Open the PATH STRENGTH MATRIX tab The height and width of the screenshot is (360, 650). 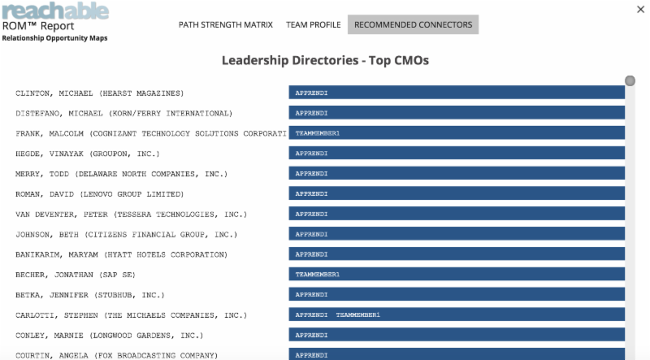point(225,24)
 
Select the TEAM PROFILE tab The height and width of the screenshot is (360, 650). point(313,24)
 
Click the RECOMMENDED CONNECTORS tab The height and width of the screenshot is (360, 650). point(413,24)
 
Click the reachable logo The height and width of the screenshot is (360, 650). point(54,11)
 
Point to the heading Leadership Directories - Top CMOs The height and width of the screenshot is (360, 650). point(325,60)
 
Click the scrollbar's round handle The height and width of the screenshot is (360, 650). point(630,80)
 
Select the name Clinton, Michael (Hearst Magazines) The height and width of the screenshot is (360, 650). point(99,93)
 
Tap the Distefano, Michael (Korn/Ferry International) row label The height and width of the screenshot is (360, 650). point(123,113)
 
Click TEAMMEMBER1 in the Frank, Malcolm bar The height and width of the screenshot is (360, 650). point(318,133)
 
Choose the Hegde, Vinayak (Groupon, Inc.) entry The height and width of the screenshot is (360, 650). point(88,154)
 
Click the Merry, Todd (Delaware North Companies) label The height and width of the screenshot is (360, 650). point(121,174)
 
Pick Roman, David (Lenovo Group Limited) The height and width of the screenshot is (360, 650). point(99,194)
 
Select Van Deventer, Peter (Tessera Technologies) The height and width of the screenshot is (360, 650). point(131,215)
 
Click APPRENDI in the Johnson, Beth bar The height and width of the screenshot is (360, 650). point(311,234)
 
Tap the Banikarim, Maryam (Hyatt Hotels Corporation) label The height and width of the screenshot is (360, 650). point(121,254)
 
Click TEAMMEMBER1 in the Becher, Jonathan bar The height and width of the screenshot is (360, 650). point(318,275)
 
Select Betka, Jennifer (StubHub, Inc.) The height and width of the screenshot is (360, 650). point(90,295)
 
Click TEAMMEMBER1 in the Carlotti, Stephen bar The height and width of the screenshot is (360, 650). point(357,314)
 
